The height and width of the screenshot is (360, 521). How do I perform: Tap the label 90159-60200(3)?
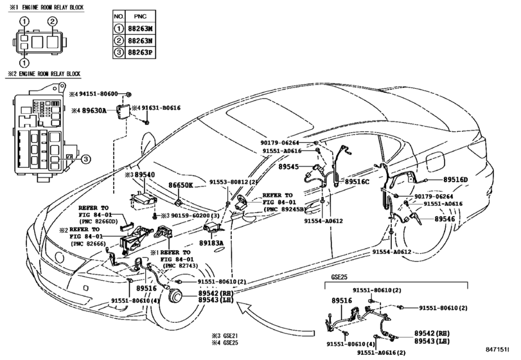191,216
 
